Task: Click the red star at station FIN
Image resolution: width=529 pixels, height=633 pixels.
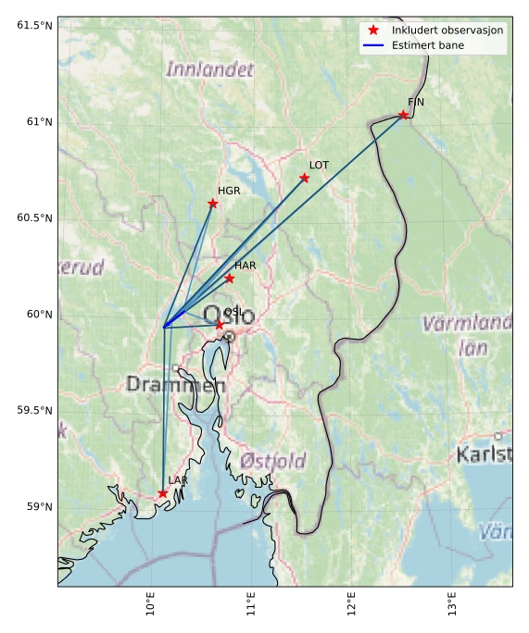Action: [x=403, y=115]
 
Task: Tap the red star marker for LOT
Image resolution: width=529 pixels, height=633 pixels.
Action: [x=304, y=178]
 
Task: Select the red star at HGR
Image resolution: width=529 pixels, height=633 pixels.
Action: [x=212, y=204]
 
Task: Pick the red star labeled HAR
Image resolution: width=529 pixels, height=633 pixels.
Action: [x=229, y=279]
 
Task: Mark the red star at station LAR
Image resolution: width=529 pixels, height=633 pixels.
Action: [x=163, y=493]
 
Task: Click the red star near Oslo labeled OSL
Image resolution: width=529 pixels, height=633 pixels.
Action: [x=220, y=324]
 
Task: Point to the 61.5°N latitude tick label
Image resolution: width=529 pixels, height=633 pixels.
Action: [x=34, y=25]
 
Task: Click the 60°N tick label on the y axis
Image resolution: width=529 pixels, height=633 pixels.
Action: [x=38, y=314]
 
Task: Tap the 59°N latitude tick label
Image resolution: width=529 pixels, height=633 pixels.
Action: [x=38, y=506]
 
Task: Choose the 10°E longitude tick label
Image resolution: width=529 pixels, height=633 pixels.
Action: [x=151, y=605]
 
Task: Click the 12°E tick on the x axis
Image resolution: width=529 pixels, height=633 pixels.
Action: [x=352, y=605]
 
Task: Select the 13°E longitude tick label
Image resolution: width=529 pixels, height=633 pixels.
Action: [x=452, y=605]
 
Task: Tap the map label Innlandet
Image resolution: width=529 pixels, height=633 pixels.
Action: [x=209, y=69]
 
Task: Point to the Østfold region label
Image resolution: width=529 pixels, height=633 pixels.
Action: [x=272, y=461]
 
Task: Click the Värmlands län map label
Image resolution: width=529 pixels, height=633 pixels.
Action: [x=468, y=335]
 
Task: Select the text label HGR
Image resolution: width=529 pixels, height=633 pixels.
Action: [x=229, y=191]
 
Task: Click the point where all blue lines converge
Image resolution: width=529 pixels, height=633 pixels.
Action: [x=164, y=327]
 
